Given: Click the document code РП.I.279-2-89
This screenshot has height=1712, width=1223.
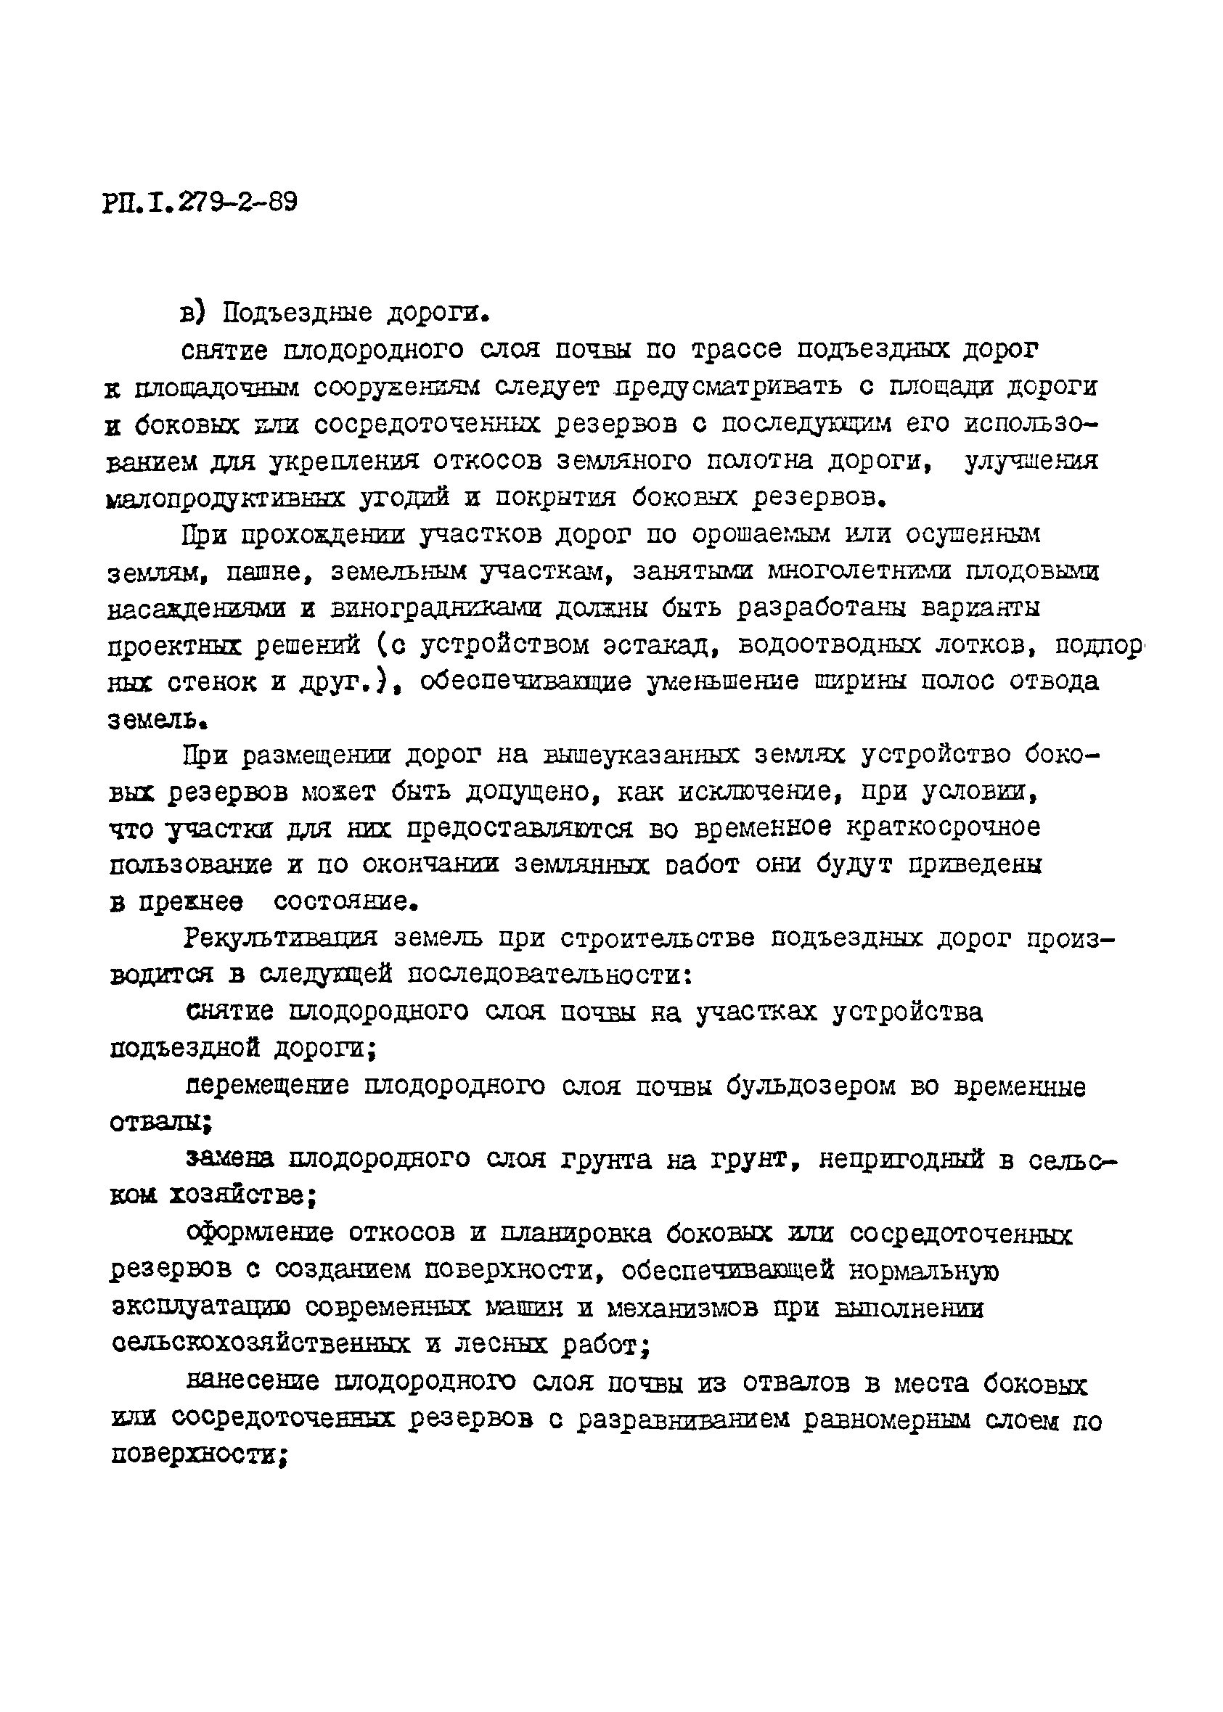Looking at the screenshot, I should pyautogui.click(x=200, y=202).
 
